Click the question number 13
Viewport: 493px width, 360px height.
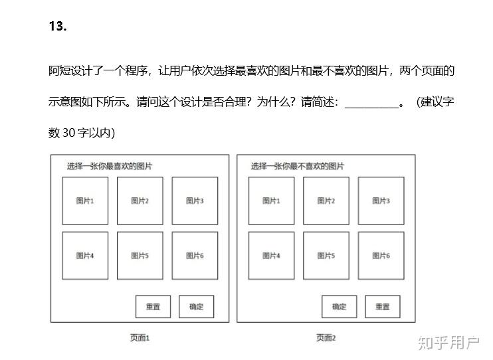pos(58,27)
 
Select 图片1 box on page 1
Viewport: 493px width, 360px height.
pos(85,201)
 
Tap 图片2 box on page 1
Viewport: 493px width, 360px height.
pos(140,201)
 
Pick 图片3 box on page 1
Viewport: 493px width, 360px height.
pos(195,201)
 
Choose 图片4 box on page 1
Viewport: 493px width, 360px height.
pos(85,256)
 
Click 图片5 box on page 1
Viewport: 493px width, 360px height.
pos(140,256)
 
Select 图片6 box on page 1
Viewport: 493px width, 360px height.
pos(195,256)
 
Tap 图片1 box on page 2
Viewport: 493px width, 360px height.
pos(271,201)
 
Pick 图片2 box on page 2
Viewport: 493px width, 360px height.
pos(326,201)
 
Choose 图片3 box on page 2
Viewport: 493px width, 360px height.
pos(381,201)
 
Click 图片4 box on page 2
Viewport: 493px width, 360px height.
pos(271,256)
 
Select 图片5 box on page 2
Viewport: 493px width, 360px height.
pos(326,256)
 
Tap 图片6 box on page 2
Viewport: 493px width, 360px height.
pos(381,256)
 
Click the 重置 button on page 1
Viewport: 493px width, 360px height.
pos(153,307)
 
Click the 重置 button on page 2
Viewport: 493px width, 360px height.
pos(382,307)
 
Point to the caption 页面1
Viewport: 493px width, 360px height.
pos(140,338)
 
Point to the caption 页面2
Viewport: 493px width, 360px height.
pos(326,338)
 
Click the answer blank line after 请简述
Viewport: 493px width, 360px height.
pos(371,104)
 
